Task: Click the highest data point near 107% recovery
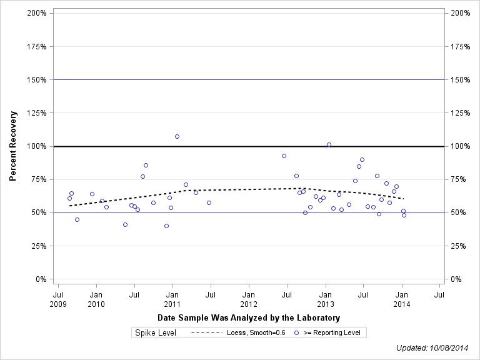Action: pos(177,136)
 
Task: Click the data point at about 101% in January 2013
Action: pos(329,145)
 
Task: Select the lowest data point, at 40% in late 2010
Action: pos(166,226)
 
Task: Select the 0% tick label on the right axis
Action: pos(456,279)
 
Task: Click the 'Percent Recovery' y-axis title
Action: pos(13,146)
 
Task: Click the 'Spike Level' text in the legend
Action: pos(156,333)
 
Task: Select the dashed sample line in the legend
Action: pos(206,333)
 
